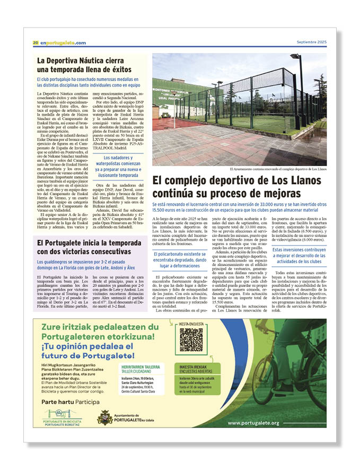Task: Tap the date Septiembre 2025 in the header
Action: (x=311, y=42)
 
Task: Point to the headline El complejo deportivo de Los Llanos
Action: (x=236, y=187)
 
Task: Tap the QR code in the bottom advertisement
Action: (x=191, y=340)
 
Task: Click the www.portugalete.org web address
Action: (x=253, y=423)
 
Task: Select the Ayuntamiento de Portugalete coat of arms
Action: (x=104, y=417)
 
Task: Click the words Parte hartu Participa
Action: (x=71, y=402)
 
